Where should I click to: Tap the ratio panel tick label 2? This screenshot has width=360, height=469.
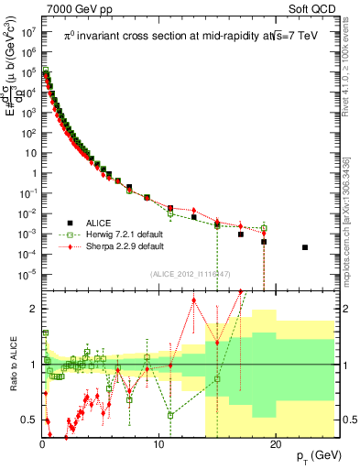[x=31, y=309]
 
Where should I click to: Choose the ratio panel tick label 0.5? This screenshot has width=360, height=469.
[x=27, y=420]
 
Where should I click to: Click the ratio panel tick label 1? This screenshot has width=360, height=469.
[x=31, y=365]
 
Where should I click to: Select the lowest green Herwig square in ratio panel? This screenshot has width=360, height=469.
[x=170, y=415]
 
